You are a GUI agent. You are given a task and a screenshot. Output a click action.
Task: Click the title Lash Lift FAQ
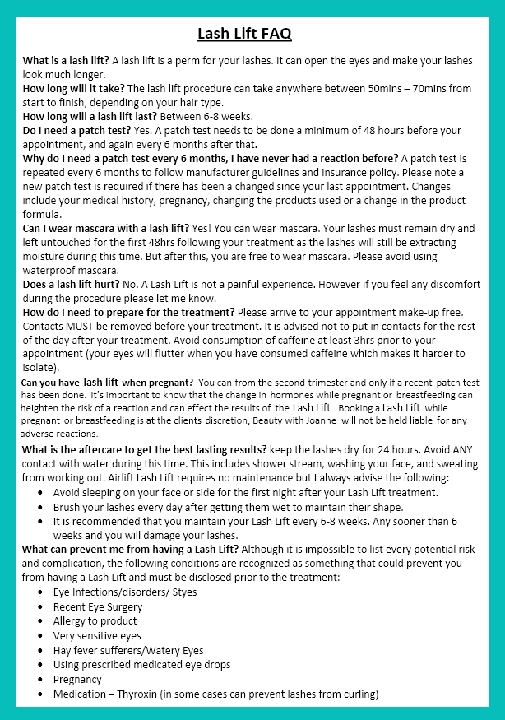244,34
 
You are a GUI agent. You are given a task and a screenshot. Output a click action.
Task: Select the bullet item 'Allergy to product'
96,620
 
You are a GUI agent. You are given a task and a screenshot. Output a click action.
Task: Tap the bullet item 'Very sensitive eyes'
97,635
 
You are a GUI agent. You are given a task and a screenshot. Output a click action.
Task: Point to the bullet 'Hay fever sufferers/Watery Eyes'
127,650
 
